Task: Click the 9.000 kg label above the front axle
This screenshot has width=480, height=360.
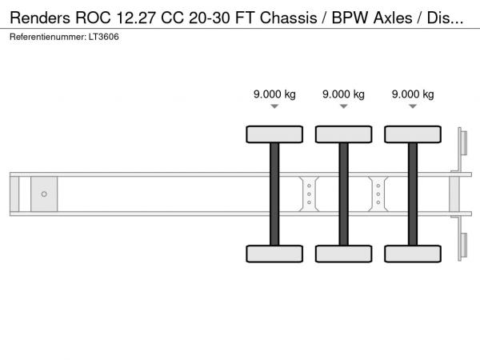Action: tap(274, 94)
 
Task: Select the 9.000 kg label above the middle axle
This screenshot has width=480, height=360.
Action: tap(343, 94)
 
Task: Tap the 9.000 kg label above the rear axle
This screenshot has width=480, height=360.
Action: tap(413, 94)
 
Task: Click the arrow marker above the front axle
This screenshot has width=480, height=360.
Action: tap(274, 107)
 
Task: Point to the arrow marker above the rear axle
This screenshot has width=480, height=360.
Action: tap(413, 107)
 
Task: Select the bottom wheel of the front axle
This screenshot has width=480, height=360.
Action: tap(274, 254)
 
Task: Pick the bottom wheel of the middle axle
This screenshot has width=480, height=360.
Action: tap(343, 254)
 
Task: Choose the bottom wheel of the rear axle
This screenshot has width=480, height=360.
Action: tap(413, 254)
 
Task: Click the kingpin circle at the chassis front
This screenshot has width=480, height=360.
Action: tap(44, 194)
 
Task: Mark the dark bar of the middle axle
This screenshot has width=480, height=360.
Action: tap(343, 194)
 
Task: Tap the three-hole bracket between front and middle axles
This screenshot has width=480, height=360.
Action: tap(309, 194)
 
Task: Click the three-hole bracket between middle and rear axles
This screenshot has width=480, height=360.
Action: tap(378, 194)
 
